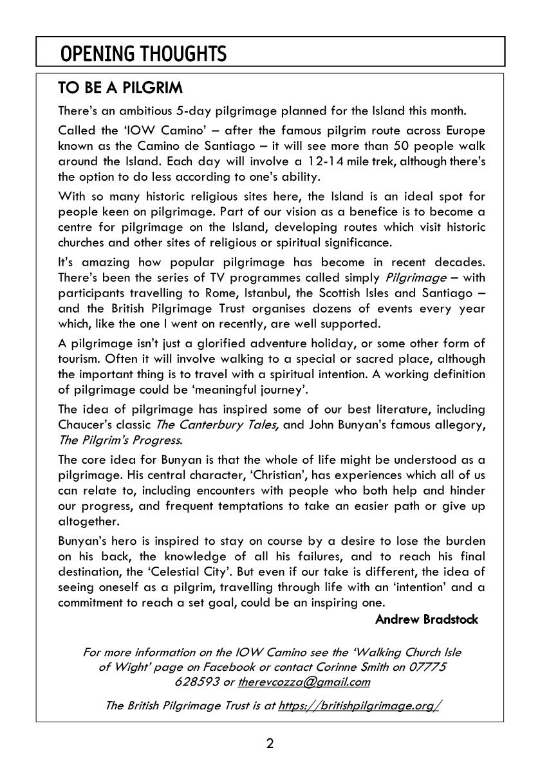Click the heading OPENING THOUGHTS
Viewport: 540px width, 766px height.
[143, 54]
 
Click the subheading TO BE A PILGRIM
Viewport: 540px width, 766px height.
[120, 87]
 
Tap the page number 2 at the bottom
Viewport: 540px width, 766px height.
[270, 744]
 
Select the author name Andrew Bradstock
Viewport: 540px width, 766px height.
[426, 619]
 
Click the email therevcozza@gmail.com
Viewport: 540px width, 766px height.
[304, 682]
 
